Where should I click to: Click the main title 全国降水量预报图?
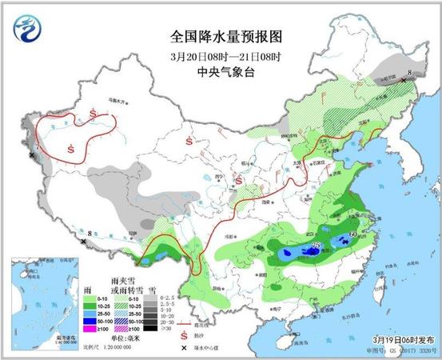(227, 37)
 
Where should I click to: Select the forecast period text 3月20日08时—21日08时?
(227, 56)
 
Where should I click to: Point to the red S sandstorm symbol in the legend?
(186, 334)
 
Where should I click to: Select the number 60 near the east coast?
(352, 234)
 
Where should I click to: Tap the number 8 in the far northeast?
(409, 74)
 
